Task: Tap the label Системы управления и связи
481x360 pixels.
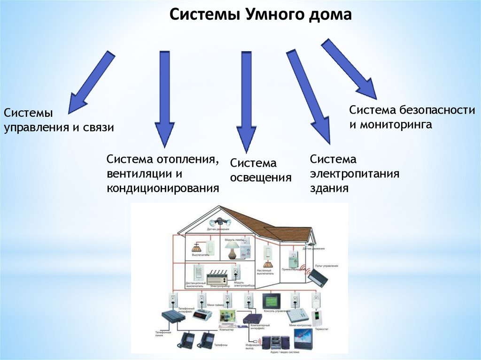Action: click(59, 121)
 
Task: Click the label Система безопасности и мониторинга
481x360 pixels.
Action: click(409, 117)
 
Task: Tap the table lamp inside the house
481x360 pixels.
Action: click(232, 248)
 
